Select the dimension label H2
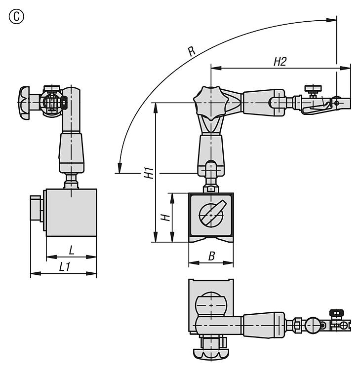[x=280, y=61]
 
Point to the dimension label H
[x=167, y=217]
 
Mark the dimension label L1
[x=64, y=267]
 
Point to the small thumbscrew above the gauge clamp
[x=312, y=90]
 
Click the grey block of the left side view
[x=71, y=213]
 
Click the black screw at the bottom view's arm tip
[x=337, y=313]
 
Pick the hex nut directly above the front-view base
[x=211, y=188]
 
